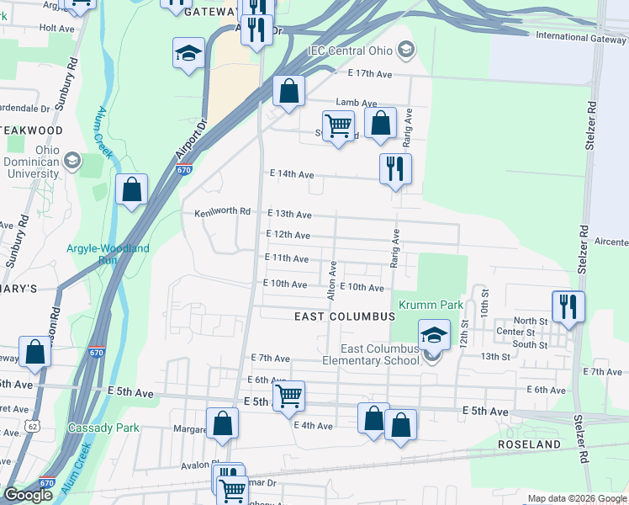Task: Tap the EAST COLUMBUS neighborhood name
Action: point(345,316)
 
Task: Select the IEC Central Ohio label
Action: point(351,50)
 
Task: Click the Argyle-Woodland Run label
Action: point(107,254)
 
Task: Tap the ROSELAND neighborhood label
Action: point(528,444)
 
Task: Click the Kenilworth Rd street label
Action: point(223,212)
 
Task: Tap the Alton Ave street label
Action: point(333,280)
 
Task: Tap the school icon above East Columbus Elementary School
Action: point(434,334)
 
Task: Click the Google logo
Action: point(28,495)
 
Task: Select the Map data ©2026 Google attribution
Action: point(576,499)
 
